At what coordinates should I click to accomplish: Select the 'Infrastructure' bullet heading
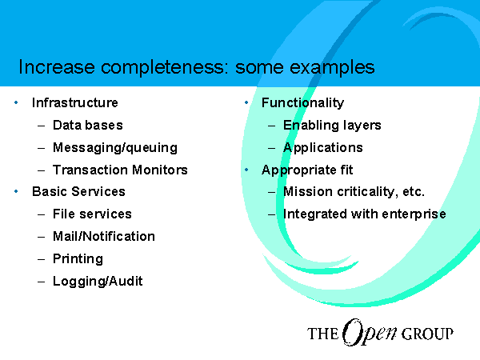(x=75, y=102)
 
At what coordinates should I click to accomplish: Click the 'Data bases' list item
(x=88, y=126)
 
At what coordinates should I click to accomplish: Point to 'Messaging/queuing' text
(x=115, y=148)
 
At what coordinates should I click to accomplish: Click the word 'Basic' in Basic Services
(x=50, y=192)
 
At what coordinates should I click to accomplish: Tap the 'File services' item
(x=92, y=214)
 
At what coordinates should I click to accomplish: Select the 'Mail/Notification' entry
(x=104, y=236)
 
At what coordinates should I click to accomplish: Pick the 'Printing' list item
(x=78, y=259)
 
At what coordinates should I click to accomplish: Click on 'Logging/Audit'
(x=98, y=282)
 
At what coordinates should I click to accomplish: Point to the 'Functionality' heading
(x=302, y=103)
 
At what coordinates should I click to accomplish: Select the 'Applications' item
(x=323, y=148)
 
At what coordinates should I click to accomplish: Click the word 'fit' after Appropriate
(x=346, y=170)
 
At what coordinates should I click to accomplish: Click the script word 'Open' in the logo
(x=369, y=332)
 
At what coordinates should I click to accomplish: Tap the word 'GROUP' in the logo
(x=427, y=334)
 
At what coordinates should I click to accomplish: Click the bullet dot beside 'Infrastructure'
(x=16, y=103)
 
